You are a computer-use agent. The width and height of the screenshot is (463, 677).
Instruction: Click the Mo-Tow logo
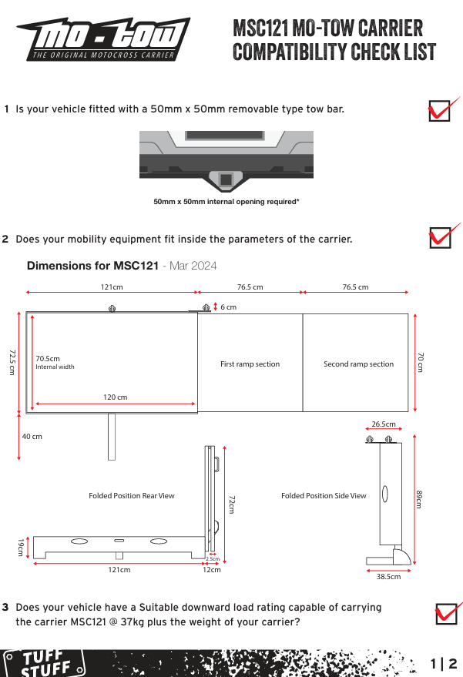point(104,39)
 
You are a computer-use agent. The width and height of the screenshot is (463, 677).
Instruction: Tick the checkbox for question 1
point(439,111)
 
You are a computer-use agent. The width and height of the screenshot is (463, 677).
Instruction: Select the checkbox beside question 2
point(440,238)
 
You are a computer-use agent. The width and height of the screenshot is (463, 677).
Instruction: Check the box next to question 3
point(446,614)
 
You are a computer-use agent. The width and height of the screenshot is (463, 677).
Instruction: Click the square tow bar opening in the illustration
point(226,179)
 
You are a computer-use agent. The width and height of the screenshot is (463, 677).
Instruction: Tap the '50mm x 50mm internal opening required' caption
point(226,202)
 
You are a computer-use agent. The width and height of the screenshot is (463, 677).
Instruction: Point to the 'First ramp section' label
point(250,364)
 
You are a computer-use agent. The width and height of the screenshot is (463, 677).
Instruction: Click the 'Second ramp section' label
point(358,364)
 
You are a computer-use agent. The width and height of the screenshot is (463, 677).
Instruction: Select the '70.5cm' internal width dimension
point(48,358)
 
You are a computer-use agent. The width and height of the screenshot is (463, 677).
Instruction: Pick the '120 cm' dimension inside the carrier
point(116,397)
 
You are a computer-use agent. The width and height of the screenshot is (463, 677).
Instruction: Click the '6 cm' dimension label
point(229,307)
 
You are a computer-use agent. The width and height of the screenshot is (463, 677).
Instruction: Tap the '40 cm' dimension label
point(32,437)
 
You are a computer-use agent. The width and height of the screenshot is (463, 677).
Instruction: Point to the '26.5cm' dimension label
point(384,424)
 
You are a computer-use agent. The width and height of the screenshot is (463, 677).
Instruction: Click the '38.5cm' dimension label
point(389,576)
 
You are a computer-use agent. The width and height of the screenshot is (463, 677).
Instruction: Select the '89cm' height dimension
point(419,499)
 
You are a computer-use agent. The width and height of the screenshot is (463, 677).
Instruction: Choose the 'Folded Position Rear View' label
point(132,496)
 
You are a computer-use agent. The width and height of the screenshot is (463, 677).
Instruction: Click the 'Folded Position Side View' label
point(324,496)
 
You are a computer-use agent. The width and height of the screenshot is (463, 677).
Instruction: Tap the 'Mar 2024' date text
point(193,266)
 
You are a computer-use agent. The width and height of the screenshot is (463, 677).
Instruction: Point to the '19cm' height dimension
point(20,547)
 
